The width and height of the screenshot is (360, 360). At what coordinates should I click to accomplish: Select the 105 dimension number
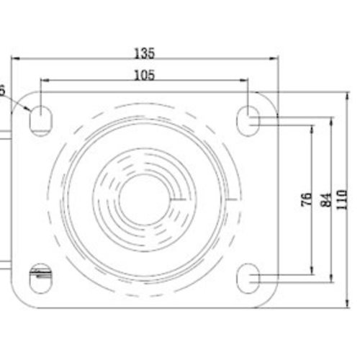[145, 74]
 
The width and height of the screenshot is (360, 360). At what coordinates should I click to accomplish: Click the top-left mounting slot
[40, 117]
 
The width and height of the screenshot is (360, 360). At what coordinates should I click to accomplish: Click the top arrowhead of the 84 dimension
[332, 117]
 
